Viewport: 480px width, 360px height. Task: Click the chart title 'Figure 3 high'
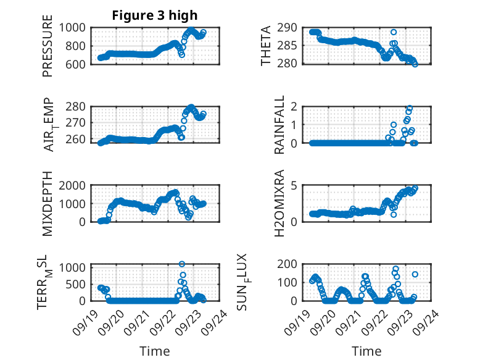pos(154,15)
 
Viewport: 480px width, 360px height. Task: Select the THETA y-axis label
pos(267,45)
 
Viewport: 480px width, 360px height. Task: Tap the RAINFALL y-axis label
pos(279,125)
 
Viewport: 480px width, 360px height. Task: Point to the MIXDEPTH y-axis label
pos(48,204)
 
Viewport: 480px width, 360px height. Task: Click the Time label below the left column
pos(155,351)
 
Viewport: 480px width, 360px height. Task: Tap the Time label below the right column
pos(366,351)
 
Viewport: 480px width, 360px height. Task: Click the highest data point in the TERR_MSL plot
pos(182,264)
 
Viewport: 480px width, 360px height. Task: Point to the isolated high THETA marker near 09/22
pos(394,32)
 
